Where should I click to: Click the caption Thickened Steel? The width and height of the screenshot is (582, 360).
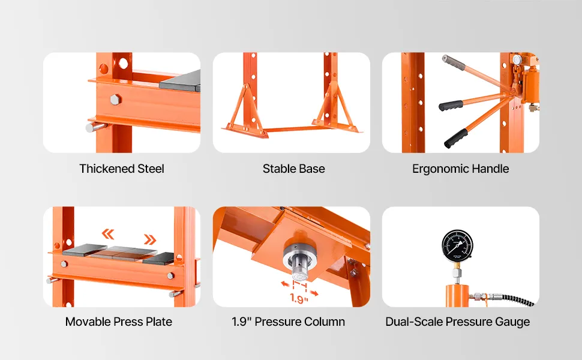pyautogui.click(x=122, y=169)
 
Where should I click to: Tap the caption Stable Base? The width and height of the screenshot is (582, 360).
pyautogui.click(x=293, y=169)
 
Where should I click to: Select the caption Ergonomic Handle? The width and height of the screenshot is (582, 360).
pyautogui.click(x=460, y=169)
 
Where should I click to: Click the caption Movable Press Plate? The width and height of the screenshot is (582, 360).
pyautogui.click(x=119, y=322)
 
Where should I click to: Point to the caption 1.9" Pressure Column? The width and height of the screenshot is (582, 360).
pyautogui.click(x=289, y=322)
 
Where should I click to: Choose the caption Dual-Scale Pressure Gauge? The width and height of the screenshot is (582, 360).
pyautogui.click(x=458, y=322)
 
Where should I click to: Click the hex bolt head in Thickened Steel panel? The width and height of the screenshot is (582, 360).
pyautogui.click(x=116, y=100)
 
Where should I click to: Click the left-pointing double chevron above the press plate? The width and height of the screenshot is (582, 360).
pyautogui.click(x=108, y=234)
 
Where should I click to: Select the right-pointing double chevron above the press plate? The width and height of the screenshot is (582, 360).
pyautogui.click(x=150, y=240)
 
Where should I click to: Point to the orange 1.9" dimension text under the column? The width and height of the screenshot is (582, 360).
pyautogui.click(x=299, y=298)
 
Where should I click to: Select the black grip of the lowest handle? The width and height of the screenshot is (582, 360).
pyautogui.click(x=456, y=139)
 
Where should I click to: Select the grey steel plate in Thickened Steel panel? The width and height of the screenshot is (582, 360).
pyautogui.click(x=180, y=81)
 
